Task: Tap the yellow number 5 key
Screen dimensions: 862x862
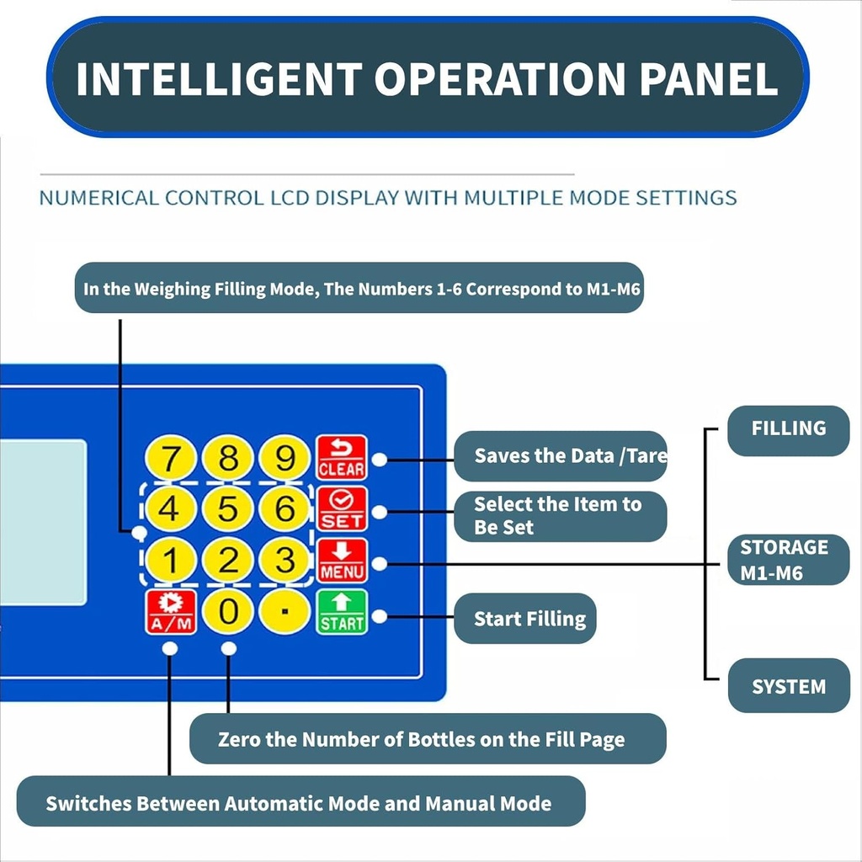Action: click(x=228, y=509)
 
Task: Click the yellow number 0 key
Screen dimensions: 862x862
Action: click(x=228, y=611)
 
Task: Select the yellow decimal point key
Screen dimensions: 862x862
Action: click(x=285, y=611)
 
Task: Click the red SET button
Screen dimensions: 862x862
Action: click(x=342, y=509)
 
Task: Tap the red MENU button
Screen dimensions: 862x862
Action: click(x=342, y=561)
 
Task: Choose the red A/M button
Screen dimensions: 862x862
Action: click(x=171, y=612)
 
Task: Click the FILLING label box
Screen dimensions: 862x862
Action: click(x=788, y=429)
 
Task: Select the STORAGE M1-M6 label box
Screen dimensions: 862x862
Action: click(x=788, y=560)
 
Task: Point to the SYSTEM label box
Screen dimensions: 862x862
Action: click(x=788, y=686)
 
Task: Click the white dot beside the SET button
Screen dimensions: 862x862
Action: click(x=380, y=512)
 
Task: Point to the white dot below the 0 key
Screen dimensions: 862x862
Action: click(x=228, y=649)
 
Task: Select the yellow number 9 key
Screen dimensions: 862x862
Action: click(x=285, y=459)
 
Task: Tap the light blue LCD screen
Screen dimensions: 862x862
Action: click(x=42, y=522)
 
